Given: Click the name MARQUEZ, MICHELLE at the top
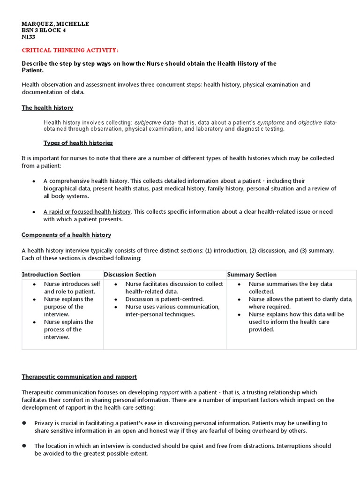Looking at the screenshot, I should point(55,24).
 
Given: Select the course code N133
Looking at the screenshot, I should point(29,37).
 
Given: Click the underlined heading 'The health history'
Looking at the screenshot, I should point(47,108).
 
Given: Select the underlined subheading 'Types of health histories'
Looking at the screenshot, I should point(78,143).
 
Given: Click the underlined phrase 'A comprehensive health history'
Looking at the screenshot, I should point(85,181).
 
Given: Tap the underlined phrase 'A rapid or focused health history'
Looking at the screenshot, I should point(87,212).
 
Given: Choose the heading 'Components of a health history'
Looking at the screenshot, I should point(66,235).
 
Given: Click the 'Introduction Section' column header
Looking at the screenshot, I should point(51,275).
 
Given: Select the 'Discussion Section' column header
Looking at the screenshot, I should point(130,275).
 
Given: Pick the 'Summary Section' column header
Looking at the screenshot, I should point(252,275).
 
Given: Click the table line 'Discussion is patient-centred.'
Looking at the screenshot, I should point(164,299).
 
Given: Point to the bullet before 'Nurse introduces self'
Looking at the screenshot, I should point(34,285).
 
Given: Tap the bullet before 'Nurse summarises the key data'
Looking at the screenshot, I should point(239,285).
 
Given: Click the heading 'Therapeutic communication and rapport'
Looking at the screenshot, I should point(79,377).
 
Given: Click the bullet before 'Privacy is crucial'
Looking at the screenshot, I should point(24,423).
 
